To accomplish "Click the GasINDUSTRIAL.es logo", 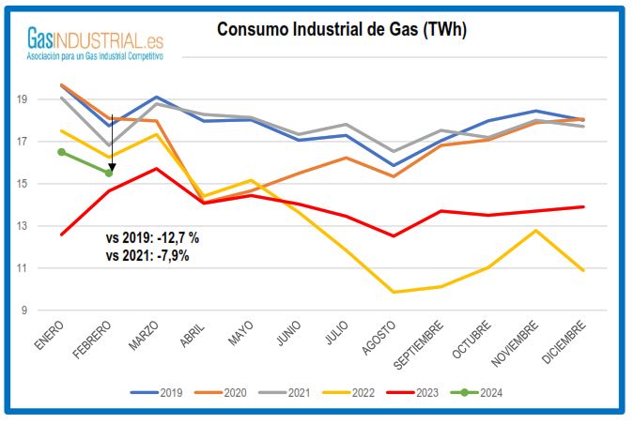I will click(x=95, y=43).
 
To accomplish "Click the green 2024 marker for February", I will click(x=110, y=173).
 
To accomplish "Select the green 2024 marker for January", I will click(x=62, y=152).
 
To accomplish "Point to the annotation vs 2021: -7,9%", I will click(x=148, y=255).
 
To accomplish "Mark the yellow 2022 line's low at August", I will click(x=393, y=292).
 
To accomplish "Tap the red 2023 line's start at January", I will click(x=62, y=235).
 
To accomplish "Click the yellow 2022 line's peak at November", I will click(x=535, y=231).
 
